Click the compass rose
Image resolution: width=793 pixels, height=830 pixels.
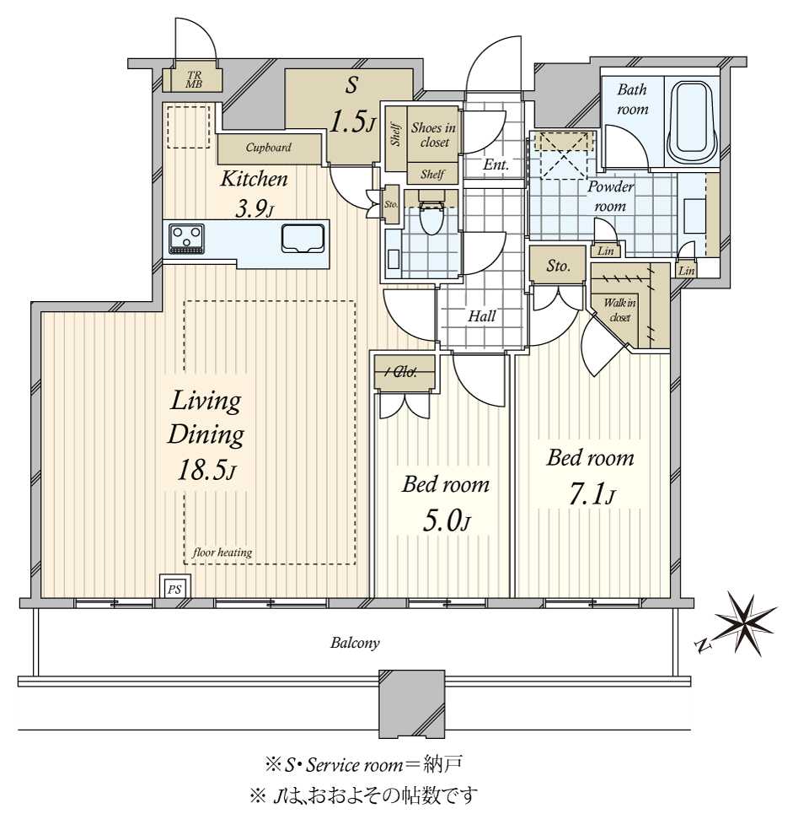click(x=746, y=623)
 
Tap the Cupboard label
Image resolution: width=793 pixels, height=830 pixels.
click(x=268, y=147)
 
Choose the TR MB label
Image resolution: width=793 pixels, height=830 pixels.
click(x=194, y=79)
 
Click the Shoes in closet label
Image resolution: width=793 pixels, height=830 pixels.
click(x=434, y=134)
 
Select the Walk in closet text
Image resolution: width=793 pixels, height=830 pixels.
click(x=619, y=310)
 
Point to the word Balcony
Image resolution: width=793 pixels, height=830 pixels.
click(x=355, y=643)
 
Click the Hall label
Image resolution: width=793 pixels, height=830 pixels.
click(x=481, y=316)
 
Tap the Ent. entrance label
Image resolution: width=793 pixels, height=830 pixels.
click(x=496, y=164)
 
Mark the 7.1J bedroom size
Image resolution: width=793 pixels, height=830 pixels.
click(x=592, y=495)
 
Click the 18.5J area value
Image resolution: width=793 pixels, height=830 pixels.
click(x=206, y=470)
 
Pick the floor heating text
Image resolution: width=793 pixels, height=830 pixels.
click(x=222, y=552)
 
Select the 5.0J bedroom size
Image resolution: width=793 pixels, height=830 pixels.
click(x=446, y=521)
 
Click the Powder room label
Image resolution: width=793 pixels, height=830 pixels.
click(x=610, y=196)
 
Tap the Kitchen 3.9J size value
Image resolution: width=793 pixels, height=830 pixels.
click(x=254, y=210)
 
